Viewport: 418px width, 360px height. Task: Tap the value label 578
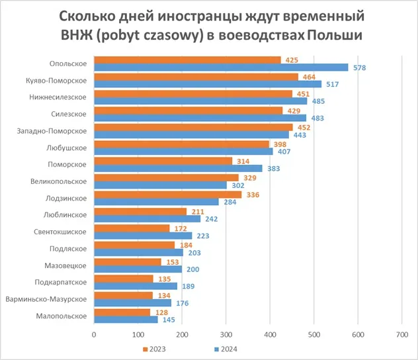[x=360, y=67]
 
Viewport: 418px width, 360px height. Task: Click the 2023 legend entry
[x=156, y=349]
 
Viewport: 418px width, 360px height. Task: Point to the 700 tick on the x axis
[x=401, y=334]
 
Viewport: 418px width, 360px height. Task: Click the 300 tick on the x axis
[x=226, y=334]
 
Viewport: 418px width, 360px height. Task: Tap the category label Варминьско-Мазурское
[x=48, y=299]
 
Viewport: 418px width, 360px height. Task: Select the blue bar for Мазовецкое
[x=138, y=269]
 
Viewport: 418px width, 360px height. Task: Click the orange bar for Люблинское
[x=141, y=211]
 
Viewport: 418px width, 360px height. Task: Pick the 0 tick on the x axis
[x=95, y=334]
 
